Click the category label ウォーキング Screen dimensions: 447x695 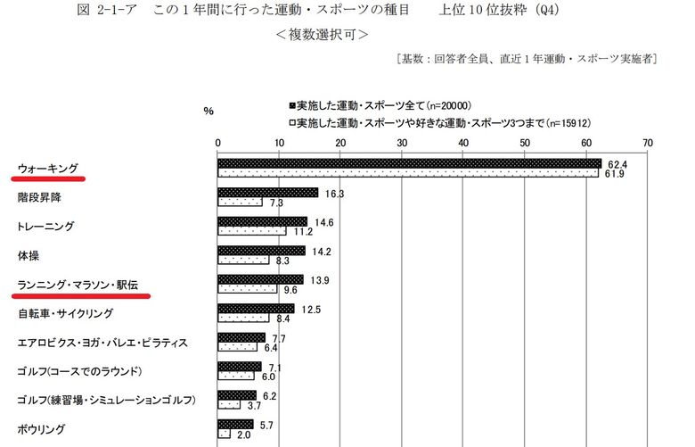(x=48, y=169)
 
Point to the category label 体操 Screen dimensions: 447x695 (x=29, y=255)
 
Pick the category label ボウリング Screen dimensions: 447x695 (x=41, y=428)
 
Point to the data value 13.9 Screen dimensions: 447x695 (x=319, y=279)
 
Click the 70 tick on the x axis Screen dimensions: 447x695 (x=647, y=143)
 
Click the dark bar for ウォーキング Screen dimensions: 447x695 (x=410, y=163)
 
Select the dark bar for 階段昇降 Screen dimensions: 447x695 (x=268, y=192)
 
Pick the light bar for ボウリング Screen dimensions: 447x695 (x=225, y=434)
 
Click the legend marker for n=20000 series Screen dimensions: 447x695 (x=291, y=103)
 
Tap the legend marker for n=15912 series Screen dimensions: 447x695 (x=291, y=121)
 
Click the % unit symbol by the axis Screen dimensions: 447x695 (x=208, y=111)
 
